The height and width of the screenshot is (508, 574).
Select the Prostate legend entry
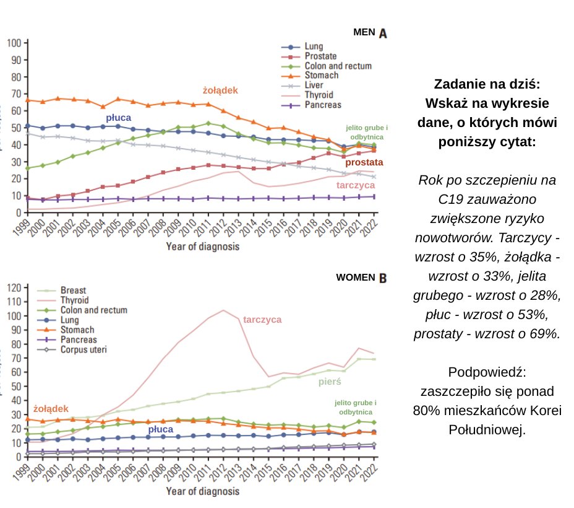(320, 56)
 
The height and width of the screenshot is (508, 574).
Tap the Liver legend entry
(314, 85)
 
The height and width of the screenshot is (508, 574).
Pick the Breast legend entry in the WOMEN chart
(72, 290)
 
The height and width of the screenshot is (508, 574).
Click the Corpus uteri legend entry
(84, 349)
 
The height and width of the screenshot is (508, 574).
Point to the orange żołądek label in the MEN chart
(220, 90)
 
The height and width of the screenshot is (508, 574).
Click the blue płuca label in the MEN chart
(118, 117)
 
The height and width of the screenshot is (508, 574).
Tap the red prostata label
(364, 163)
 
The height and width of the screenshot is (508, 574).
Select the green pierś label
(330, 382)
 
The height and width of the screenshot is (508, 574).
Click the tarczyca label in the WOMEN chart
(262, 320)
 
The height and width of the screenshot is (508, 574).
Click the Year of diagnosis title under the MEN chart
(202, 246)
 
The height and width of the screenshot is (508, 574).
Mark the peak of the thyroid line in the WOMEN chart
(224, 310)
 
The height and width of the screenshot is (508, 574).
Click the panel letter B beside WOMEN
(383, 278)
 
